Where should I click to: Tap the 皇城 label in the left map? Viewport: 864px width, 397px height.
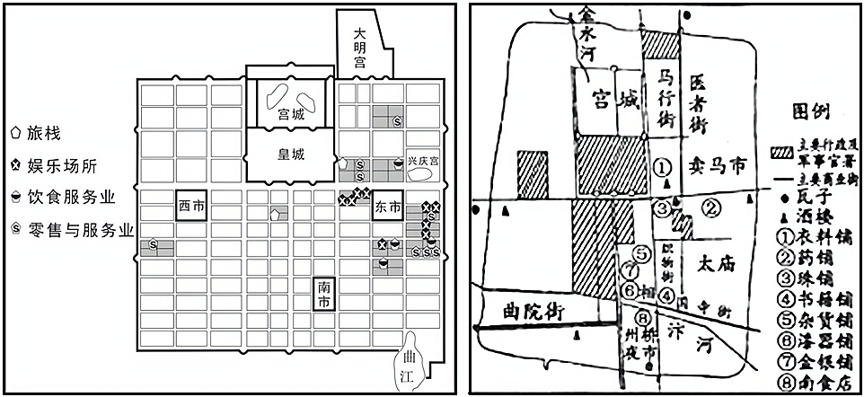[291, 154]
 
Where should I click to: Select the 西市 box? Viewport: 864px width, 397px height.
[191, 207]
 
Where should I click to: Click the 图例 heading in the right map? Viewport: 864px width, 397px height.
[813, 111]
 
